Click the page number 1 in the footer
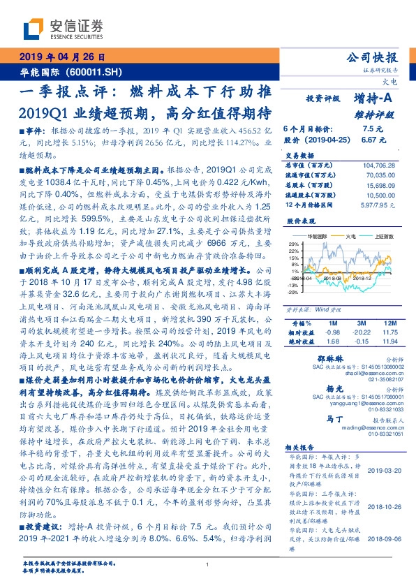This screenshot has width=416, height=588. click(208, 564)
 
